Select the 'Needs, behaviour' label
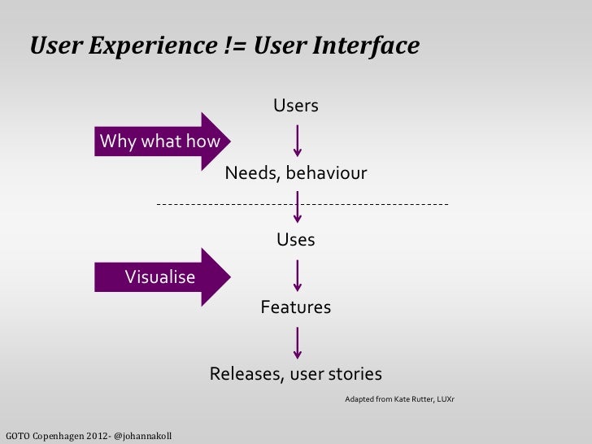coord(295,174)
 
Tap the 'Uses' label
coord(296,241)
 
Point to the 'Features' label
coord(295,307)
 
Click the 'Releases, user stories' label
coord(296,374)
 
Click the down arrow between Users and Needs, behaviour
coord(298,140)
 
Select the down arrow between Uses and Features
coord(298,275)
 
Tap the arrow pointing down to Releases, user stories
coord(298,342)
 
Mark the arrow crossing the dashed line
coord(298,207)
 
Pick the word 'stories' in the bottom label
coord(355,374)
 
